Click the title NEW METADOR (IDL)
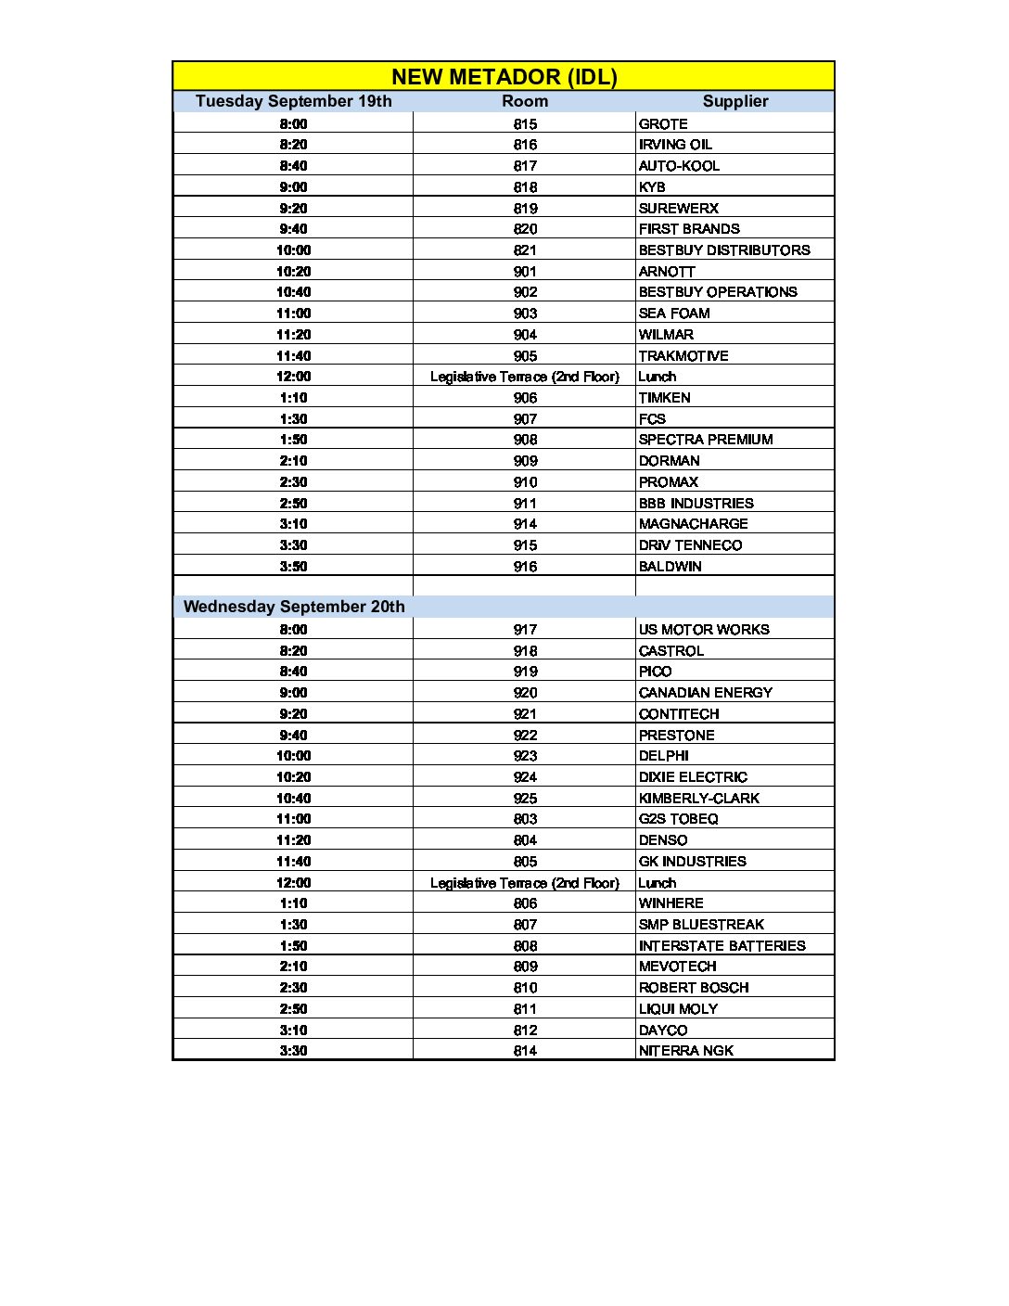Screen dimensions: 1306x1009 [x=504, y=76]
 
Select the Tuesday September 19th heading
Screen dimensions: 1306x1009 [x=293, y=101]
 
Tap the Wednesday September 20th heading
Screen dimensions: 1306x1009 [x=294, y=607]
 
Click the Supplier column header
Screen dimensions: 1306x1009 [x=734, y=101]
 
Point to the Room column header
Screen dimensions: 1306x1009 [x=525, y=101]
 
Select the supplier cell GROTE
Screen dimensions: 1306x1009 [x=663, y=123]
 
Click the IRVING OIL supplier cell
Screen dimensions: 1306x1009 [x=675, y=145]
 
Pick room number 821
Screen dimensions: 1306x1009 [x=525, y=250]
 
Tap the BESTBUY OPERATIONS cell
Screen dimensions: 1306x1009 [x=718, y=292]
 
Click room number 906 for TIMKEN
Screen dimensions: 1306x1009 [x=525, y=398]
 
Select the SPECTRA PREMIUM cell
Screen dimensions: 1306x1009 [x=706, y=440]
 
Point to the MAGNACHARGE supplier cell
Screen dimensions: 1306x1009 [x=693, y=524]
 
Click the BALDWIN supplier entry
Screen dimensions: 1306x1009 [x=670, y=567]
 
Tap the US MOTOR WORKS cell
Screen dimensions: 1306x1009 [x=704, y=630]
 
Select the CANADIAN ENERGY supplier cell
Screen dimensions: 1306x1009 [x=705, y=693]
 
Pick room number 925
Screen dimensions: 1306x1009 [x=525, y=799]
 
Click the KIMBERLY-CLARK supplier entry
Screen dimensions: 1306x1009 [x=698, y=799]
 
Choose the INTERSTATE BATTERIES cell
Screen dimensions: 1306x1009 [x=722, y=946]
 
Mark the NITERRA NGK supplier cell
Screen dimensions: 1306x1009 [x=685, y=1051]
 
